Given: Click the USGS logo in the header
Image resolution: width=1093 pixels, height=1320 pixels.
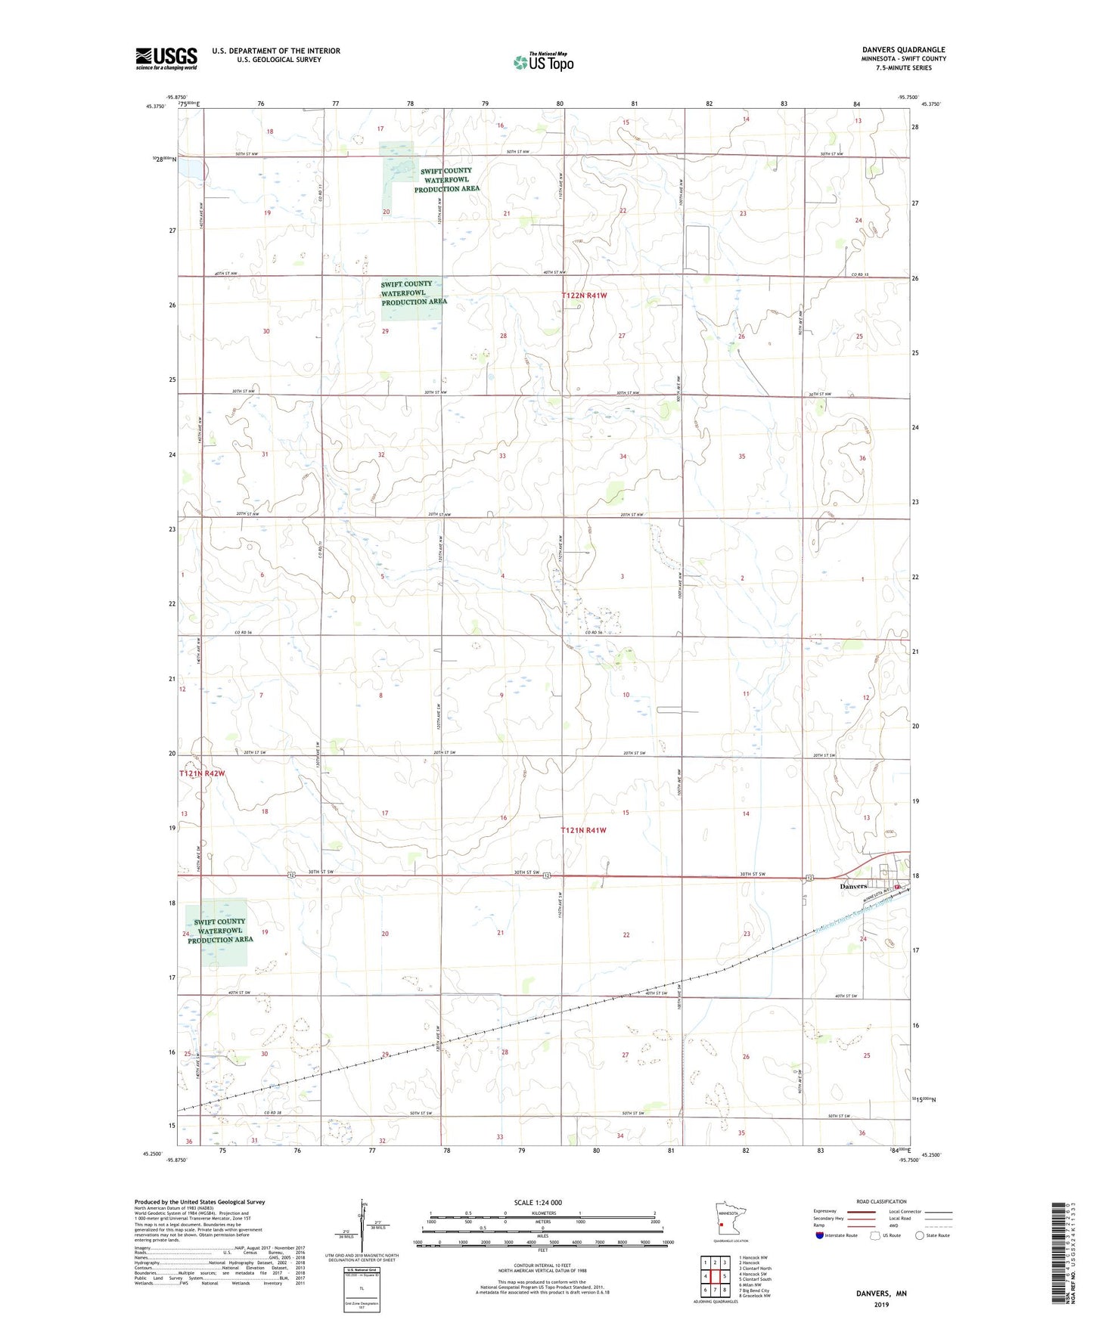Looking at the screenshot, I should pos(166,58).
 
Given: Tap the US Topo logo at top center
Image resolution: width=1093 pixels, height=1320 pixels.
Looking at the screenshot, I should pos(542,61).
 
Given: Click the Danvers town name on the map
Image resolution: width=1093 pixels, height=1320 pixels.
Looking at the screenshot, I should pos(853,886).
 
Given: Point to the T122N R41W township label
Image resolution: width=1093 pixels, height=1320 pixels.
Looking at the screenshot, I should pos(584,296).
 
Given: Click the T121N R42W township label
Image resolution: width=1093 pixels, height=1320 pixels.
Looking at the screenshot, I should pos(202,773).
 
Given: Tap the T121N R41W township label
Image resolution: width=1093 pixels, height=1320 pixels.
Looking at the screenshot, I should pos(583,830).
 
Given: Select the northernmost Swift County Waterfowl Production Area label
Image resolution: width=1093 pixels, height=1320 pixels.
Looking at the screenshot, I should pos(446,180).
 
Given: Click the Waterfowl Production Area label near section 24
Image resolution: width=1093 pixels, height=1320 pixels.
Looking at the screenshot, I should pos(220,931).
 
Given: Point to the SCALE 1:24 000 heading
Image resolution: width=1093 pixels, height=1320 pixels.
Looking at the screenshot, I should pos(538,1203).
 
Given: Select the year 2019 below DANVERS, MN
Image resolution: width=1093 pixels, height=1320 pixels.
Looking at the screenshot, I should pos(881,1305).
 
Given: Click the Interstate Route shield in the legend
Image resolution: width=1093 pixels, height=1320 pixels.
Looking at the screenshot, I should pos(820,1236).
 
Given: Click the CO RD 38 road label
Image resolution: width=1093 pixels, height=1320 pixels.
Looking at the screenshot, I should pos(273,1114).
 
